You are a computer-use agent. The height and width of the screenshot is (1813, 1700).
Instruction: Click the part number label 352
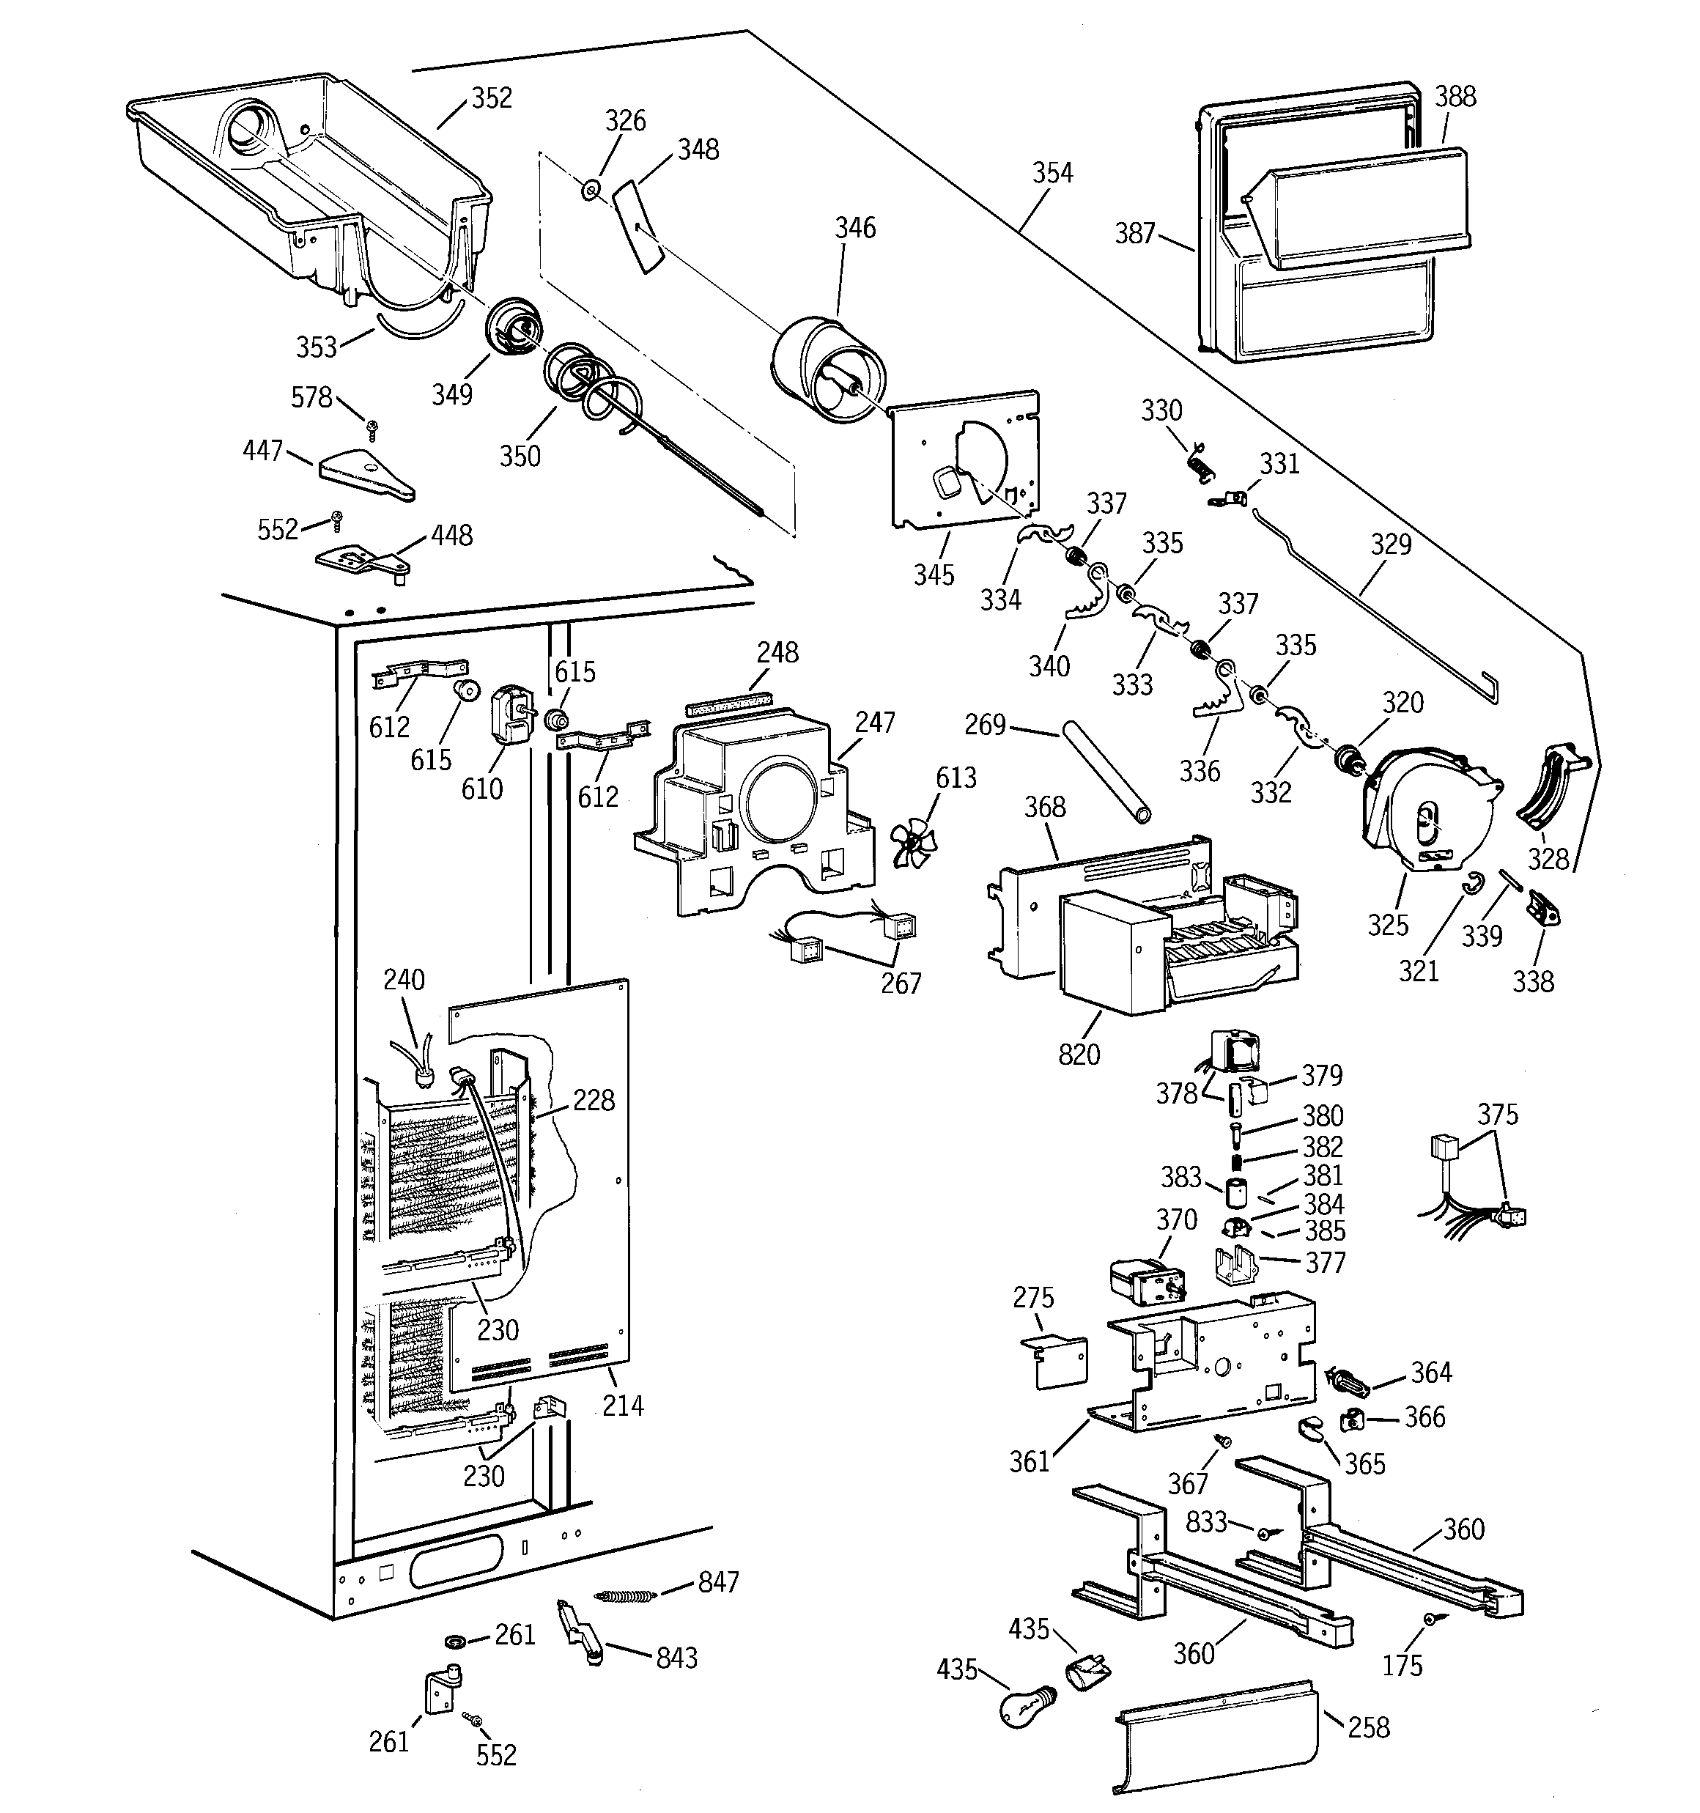492,98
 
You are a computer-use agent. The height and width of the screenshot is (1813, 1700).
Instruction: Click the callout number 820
1079,1055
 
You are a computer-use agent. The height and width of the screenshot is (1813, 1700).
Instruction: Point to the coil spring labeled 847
625,1595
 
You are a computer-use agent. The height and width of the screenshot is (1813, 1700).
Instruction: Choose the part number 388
1455,97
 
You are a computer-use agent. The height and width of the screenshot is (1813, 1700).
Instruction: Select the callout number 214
623,1406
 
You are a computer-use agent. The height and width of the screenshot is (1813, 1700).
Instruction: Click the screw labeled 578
372,425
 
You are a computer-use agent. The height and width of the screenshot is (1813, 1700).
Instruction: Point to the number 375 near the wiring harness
1498,1115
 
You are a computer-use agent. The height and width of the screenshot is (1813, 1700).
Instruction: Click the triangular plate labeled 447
365,474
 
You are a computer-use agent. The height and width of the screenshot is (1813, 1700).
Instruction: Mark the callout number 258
1369,1727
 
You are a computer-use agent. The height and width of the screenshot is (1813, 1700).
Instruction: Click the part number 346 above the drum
855,228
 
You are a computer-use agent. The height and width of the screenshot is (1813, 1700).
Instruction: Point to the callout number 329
1391,544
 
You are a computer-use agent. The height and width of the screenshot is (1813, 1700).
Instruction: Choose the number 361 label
1030,1462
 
